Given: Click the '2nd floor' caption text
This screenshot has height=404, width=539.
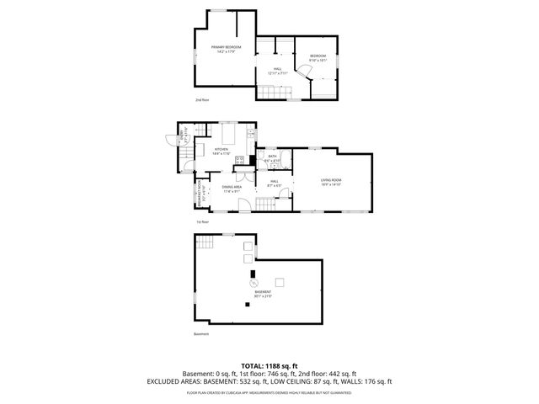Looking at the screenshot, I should [201, 100].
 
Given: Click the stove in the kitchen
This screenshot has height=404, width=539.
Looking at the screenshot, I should [240, 159].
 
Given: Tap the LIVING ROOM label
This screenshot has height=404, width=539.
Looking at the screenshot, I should [330, 181].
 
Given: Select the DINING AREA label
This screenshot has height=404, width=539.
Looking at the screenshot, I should [232, 189].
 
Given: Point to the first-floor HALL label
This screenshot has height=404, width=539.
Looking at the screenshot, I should [275, 183].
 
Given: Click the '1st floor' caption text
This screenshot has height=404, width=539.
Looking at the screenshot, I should [202, 221].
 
